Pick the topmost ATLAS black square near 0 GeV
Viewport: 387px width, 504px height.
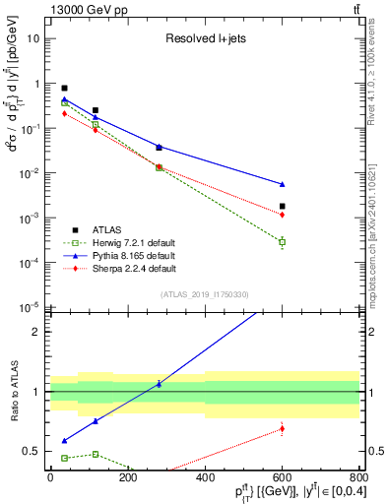click(x=65, y=89)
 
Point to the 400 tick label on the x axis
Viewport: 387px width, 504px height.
click(x=205, y=478)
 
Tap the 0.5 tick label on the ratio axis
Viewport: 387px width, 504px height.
click(x=33, y=451)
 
